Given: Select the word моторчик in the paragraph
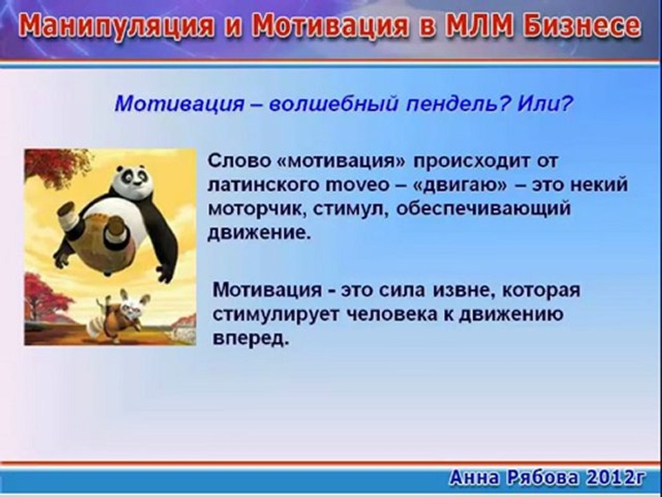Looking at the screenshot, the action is pyautogui.click(x=257, y=209).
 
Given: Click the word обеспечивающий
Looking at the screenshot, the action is pyautogui.click(x=483, y=209).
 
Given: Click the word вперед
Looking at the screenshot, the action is pyautogui.click(x=251, y=339).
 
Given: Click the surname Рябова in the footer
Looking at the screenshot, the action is pyautogui.click(x=543, y=478).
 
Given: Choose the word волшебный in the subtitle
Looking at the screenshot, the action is pyautogui.click(x=333, y=103).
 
